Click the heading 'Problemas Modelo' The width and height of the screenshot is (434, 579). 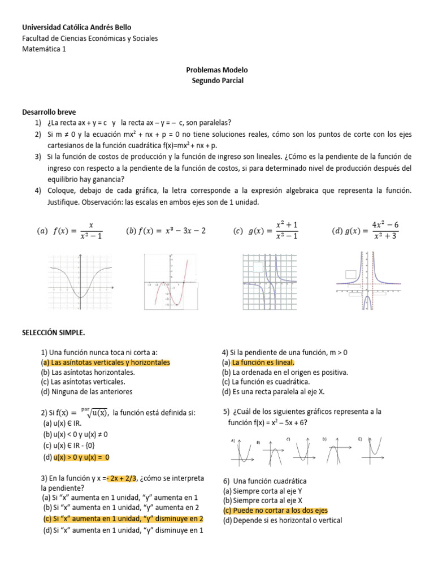point(217,70)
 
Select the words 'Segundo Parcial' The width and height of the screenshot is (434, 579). point(217,81)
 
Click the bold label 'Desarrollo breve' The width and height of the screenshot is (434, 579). point(49,113)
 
